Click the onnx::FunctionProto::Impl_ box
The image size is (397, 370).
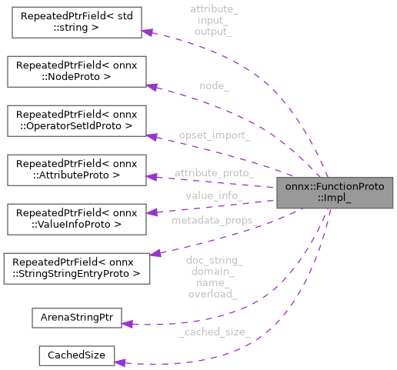click(335, 192)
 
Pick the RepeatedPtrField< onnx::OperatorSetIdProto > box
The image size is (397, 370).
click(75, 119)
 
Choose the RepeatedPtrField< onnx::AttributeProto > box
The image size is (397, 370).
click(75, 168)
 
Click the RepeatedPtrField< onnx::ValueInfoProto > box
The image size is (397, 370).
click(75, 218)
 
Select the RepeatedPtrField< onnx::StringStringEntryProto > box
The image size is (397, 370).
click(75, 267)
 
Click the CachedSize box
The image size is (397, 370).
click(75, 355)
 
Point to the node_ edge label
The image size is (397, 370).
click(214, 86)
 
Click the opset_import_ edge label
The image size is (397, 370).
click(214, 135)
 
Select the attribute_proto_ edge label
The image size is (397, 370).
click(214, 173)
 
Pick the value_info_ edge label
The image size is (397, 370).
click(214, 195)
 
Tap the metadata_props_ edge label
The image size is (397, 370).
click(214, 222)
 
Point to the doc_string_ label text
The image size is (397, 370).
click(214, 260)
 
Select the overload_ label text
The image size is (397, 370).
click(214, 293)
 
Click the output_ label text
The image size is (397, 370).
click(214, 32)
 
